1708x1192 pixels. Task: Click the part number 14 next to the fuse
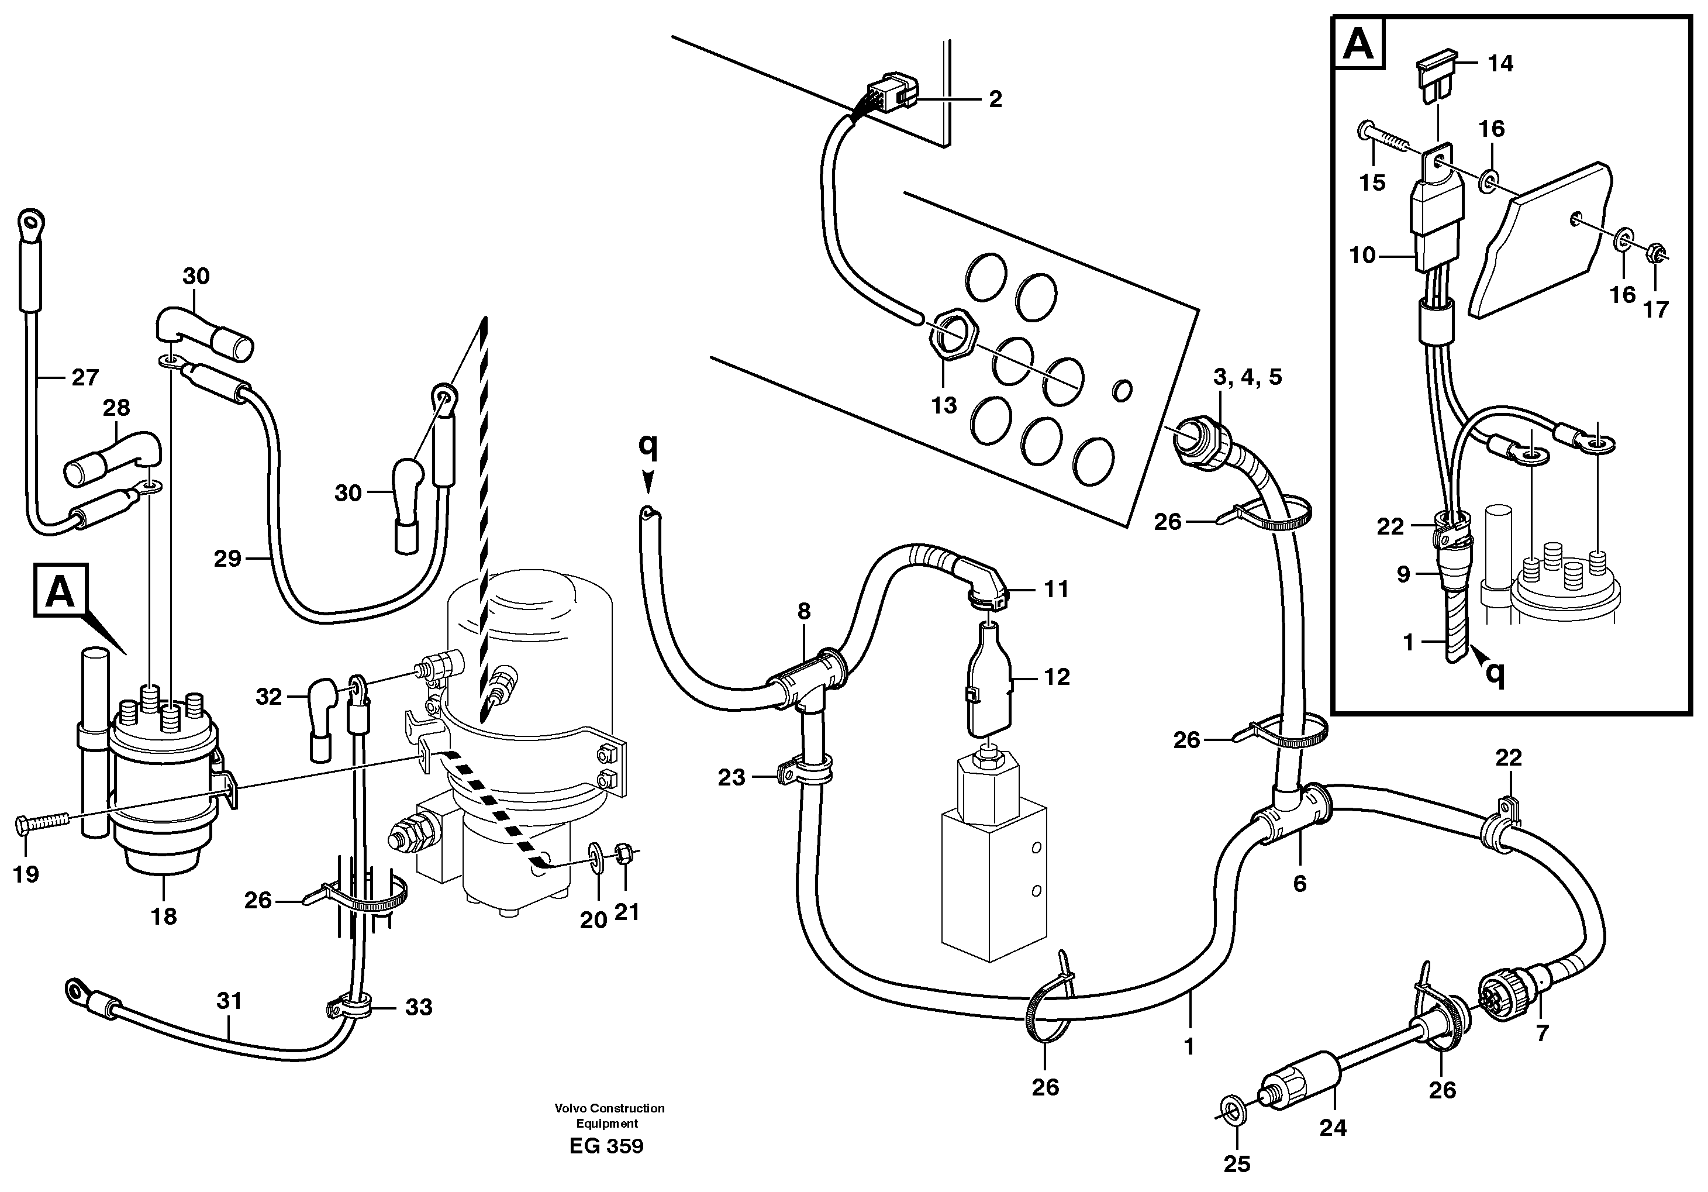[x=1500, y=64]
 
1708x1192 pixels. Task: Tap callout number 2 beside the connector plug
[x=995, y=99]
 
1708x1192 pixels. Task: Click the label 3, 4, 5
[x=1248, y=377]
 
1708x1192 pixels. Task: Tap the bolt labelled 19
[x=41, y=822]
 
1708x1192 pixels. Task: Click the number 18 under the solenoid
[x=164, y=916]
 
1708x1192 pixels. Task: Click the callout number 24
[x=1333, y=1128]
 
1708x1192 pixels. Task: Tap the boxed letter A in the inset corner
[x=1358, y=46]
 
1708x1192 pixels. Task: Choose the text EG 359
[x=606, y=1146]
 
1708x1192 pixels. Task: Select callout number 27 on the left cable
[x=85, y=378]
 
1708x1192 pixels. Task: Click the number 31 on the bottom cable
[x=229, y=1001]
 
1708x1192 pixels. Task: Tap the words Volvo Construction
[x=609, y=1108]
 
